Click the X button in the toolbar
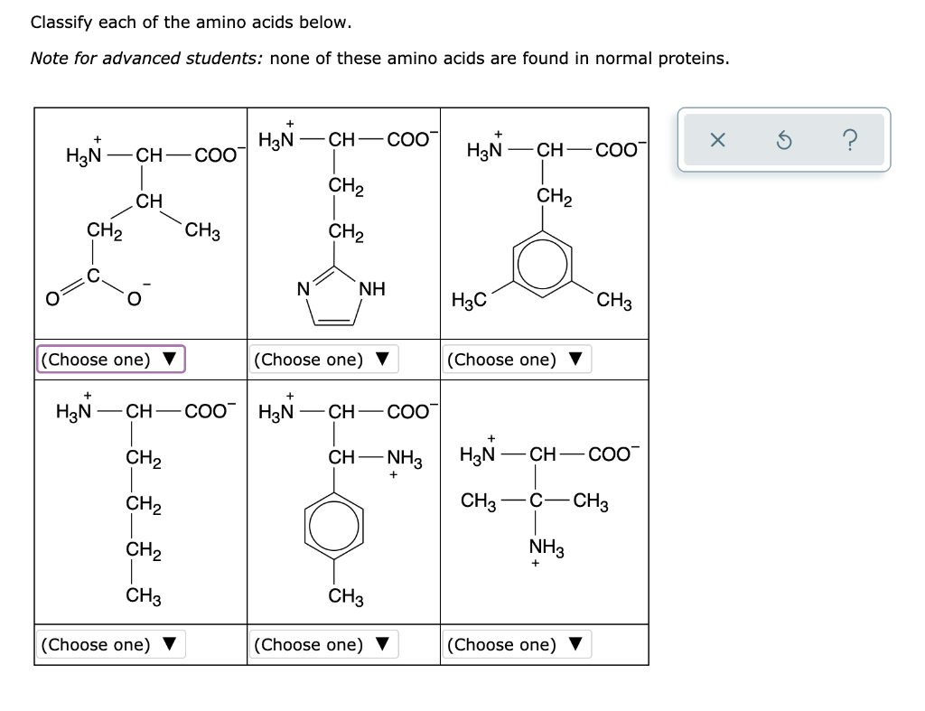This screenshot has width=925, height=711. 716,140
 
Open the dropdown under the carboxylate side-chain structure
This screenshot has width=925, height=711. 110,360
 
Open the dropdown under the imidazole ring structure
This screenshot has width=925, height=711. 323,360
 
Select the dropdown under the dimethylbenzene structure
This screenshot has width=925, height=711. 516,360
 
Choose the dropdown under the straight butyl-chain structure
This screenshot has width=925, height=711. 110,644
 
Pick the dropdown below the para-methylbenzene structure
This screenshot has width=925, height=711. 323,644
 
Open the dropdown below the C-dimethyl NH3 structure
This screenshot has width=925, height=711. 516,644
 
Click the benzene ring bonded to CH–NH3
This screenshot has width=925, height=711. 335,524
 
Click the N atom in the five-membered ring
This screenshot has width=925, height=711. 304,290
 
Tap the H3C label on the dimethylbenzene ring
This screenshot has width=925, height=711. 469,302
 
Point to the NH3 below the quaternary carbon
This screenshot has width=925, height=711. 545,547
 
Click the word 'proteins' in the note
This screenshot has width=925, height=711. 692,59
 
